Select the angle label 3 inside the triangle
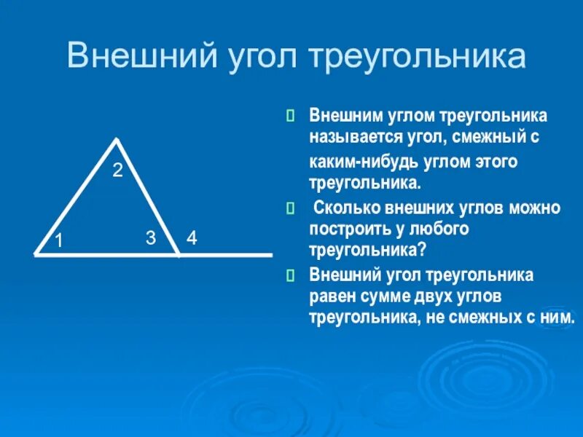tap(151, 237)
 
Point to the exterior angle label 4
tap(191, 237)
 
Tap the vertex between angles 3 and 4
tap(179, 254)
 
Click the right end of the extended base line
tap(271, 255)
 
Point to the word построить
tap(348, 229)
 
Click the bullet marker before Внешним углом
tap(290, 116)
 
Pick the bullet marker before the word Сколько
tap(290, 209)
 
